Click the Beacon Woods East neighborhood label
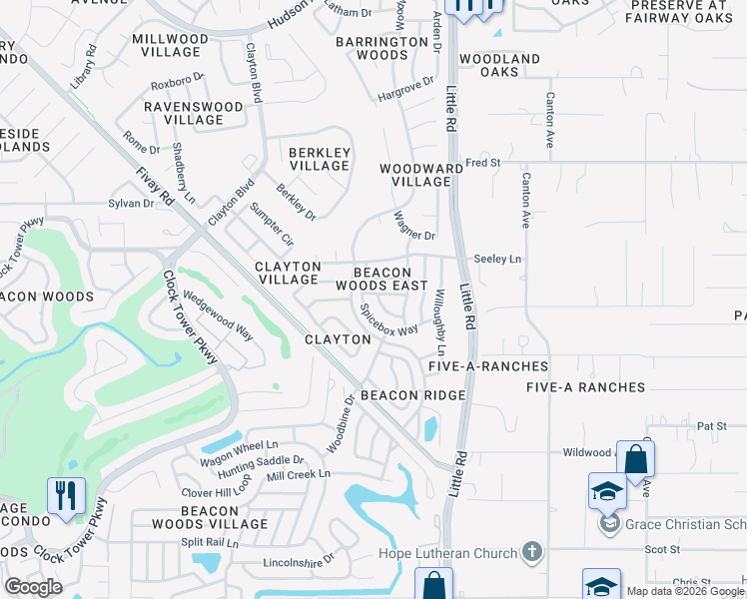point(382,279)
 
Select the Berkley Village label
point(319,159)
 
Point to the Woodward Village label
point(420,175)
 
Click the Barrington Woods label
point(381,48)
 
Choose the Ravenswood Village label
point(194,113)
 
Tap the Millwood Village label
point(171,46)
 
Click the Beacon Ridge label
point(412,395)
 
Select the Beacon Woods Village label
point(210,517)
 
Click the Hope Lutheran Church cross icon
point(532,552)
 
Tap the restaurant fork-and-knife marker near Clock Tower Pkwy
point(66,495)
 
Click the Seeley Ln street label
point(497,259)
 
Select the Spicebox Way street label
point(388,320)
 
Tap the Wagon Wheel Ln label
point(239,444)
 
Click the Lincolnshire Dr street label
point(298,563)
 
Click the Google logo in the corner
point(33,587)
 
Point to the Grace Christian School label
point(686,523)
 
